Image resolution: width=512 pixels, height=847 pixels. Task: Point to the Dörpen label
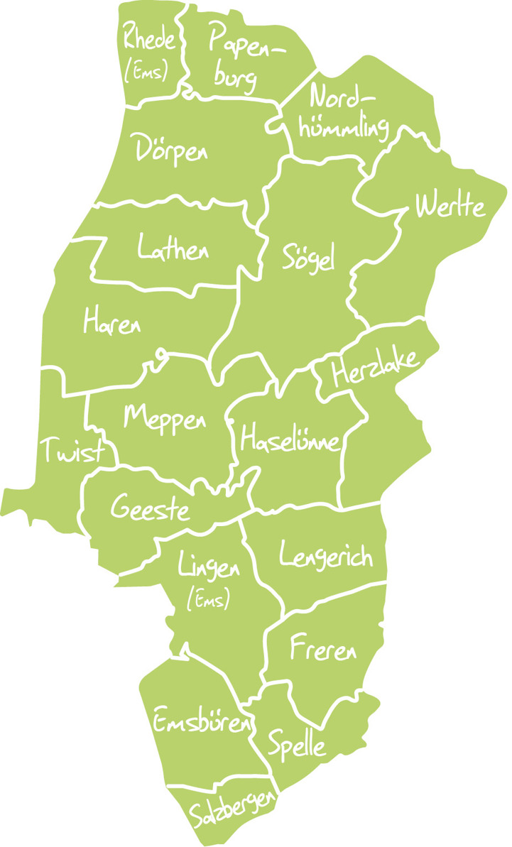point(172,150)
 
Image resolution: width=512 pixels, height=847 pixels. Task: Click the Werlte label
point(451,206)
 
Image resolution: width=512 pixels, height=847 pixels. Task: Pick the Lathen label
point(174,248)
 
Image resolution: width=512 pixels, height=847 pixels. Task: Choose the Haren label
point(112,323)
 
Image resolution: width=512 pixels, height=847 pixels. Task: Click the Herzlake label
point(376,365)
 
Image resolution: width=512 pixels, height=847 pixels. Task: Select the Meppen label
point(165,417)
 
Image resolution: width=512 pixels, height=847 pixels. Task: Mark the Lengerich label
point(326,556)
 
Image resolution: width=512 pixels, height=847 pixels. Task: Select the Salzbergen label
point(233,810)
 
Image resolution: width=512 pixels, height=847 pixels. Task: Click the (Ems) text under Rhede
point(147,71)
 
